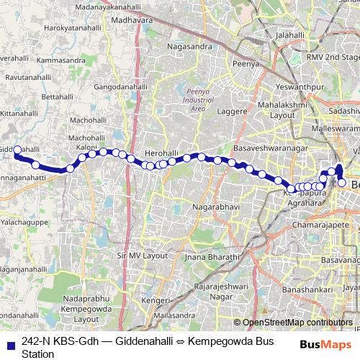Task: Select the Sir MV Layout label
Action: [141, 256]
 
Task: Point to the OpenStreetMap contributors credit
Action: [297, 323]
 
